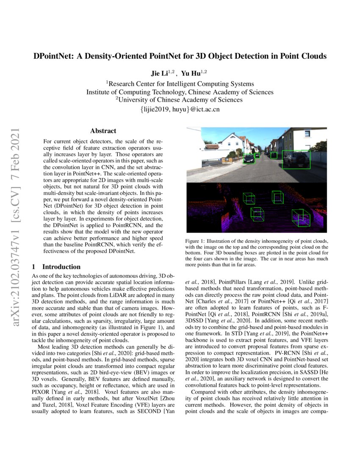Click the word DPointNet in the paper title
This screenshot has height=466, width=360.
coord(53,56)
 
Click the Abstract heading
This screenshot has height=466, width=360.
coord(103,131)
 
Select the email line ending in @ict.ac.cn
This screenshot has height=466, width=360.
coord(180,109)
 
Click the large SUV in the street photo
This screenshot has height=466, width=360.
coord(296,159)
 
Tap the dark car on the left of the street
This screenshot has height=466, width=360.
coord(249,159)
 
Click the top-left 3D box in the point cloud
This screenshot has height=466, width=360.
coord(249,199)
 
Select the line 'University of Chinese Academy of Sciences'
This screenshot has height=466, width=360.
coord(180,100)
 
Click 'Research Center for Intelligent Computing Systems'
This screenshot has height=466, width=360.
coord(180,83)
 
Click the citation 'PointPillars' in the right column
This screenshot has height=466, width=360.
coord(234,281)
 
